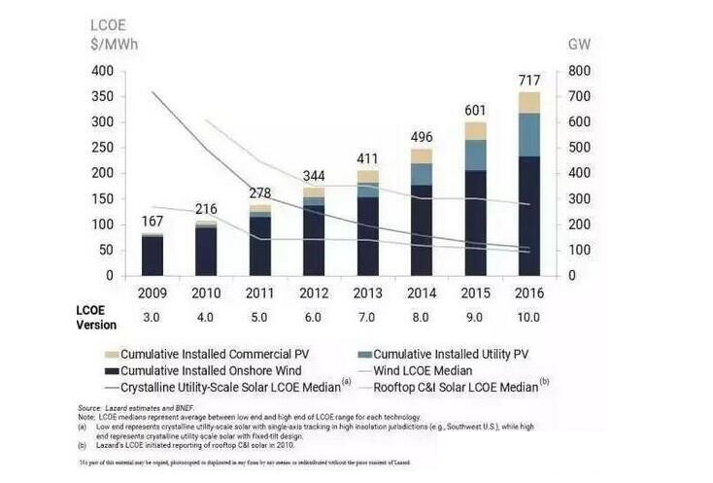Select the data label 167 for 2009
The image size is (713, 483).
(152, 221)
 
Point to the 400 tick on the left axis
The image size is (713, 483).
(102, 72)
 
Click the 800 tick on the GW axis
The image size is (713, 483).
(579, 72)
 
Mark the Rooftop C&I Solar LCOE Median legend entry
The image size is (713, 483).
(463, 387)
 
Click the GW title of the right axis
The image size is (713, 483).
(579, 44)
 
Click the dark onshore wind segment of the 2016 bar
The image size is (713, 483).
(528, 214)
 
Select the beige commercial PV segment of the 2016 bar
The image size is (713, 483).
(528, 102)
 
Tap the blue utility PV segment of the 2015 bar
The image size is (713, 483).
(475, 155)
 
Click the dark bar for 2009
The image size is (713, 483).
(152, 256)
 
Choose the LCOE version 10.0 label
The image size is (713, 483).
(528, 317)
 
